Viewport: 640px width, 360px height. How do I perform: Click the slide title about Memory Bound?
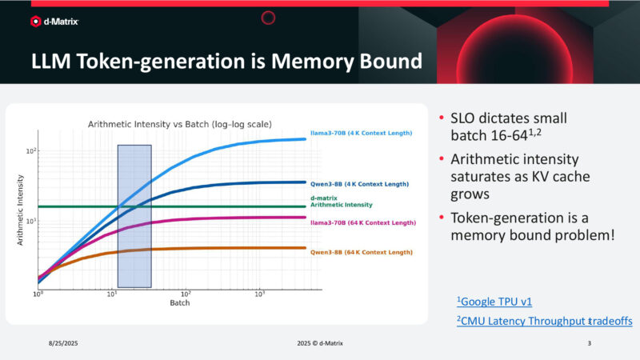[x=226, y=62]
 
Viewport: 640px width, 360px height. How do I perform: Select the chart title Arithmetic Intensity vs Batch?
[x=179, y=124]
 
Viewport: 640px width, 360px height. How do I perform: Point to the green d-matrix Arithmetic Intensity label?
[x=335, y=201]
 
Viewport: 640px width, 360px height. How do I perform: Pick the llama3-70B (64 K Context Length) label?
[x=362, y=222]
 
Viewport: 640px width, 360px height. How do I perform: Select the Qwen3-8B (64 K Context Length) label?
[x=361, y=252]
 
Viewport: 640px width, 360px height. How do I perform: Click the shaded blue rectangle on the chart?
[x=134, y=216]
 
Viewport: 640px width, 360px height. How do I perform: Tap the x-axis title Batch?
[x=179, y=303]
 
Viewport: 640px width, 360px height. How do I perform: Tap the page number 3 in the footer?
[x=589, y=342]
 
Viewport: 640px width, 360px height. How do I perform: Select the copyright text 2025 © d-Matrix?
[x=320, y=342]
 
